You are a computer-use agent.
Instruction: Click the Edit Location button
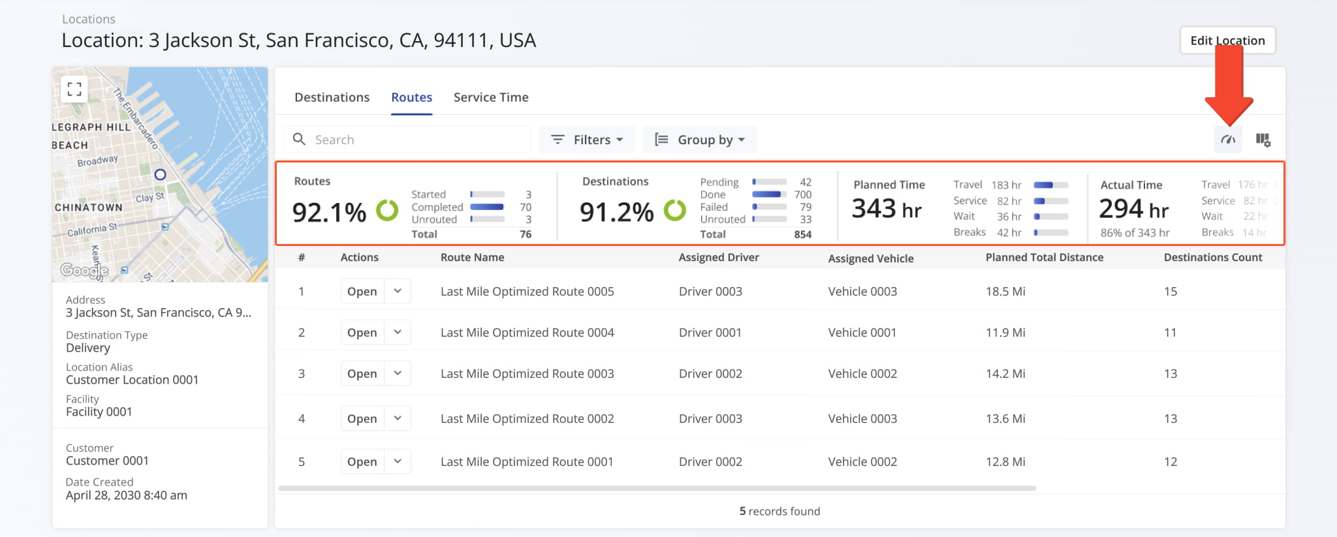[x=1227, y=40]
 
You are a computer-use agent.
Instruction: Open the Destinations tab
[x=332, y=97]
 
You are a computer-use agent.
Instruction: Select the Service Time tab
[x=491, y=97]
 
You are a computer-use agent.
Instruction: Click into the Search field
[x=418, y=140]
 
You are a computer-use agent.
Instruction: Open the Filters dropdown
[x=587, y=140]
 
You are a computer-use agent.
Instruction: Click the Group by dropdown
[x=700, y=140]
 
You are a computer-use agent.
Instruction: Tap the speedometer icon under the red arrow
[x=1228, y=140]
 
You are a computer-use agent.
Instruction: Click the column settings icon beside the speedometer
[x=1263, y=140]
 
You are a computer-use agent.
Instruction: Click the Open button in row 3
[x=362, y=373]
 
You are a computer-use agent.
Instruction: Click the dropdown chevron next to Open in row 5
[x=398, y=461]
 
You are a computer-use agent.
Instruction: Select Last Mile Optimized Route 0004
[x=527, y=332]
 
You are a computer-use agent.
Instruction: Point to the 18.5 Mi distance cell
[x=1005, y=291]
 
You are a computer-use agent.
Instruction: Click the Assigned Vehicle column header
[x=870, y=258]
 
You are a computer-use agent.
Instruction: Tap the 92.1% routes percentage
[x=329, y=212]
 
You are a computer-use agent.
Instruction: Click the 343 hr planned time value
[x=886, y=209]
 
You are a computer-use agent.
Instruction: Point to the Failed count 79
[x=806, y=207]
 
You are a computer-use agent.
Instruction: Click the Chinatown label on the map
[x=88, y=207]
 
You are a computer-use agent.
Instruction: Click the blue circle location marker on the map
[x=160, y=174]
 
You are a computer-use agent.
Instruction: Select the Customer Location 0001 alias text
[x=132, y=380]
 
